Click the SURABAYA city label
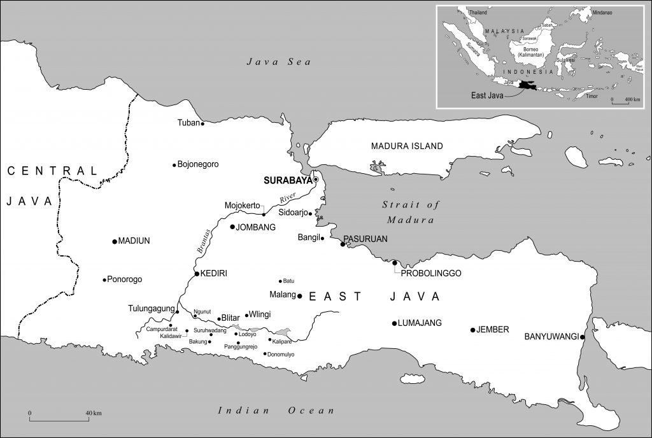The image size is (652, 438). coord(288,180)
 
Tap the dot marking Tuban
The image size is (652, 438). coord(202,124)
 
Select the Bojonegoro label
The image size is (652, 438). coord(198,164)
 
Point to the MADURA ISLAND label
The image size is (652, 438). coord(407,146)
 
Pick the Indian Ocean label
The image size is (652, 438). coord(276,411)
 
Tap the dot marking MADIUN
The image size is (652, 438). coord(114,241)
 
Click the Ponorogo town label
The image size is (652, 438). coord(125,279)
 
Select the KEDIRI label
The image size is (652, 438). coord(214,274)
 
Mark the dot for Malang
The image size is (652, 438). coord(300,295)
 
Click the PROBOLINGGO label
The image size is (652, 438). coord(431,273)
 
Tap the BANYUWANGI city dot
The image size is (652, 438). coord(583,337)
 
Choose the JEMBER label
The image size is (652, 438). coord(493,330)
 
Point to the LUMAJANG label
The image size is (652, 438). coord(420,323)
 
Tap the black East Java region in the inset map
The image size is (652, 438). coord(528,85)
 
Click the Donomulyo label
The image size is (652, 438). coord(281,354)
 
